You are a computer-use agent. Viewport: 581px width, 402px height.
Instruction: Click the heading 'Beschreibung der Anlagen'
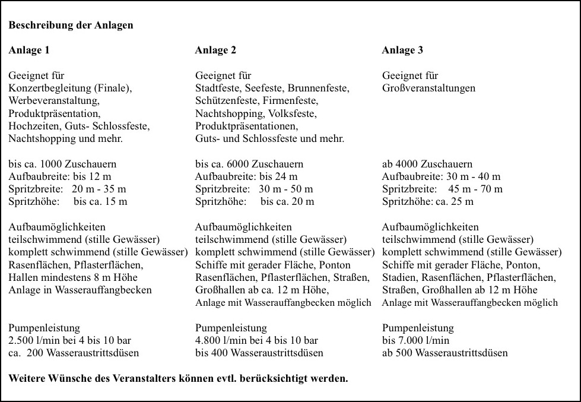point(71,26)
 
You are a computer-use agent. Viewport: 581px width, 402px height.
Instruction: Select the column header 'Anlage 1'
point(28,50)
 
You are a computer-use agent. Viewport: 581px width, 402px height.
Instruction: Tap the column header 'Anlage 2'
point(215,50)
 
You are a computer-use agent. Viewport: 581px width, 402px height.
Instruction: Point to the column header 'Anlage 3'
point(402,50)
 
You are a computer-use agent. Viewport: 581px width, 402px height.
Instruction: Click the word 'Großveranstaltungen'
point(429,88)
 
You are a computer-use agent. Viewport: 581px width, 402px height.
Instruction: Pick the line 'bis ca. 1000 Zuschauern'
point(62,164)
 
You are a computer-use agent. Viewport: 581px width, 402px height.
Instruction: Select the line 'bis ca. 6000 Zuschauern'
point(249,164)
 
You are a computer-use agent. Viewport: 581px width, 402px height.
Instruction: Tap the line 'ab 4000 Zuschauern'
point(427,164)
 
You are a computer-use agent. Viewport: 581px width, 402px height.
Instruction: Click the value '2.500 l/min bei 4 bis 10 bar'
point(69,340)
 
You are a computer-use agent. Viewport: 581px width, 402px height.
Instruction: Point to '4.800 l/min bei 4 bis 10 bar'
point(256,340)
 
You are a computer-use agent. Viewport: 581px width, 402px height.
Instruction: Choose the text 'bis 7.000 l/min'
point(415,340)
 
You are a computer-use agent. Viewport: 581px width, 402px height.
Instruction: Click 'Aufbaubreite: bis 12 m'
point(60,176)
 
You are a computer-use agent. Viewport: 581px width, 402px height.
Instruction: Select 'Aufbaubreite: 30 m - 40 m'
point(441,176)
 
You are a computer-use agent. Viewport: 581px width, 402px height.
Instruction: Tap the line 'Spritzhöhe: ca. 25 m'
point(428,202)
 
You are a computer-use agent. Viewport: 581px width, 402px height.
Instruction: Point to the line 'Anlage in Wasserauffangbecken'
point(80,290)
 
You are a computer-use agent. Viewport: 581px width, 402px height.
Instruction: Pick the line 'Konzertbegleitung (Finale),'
point(70,88)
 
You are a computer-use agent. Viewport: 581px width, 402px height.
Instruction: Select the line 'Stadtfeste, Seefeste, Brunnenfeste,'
point(272,88)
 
